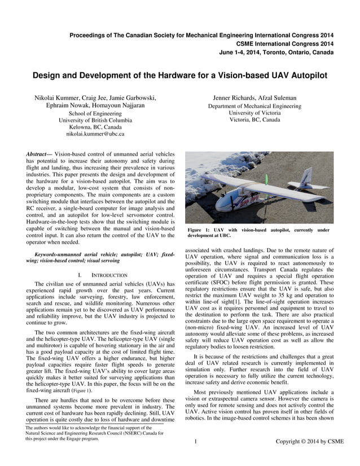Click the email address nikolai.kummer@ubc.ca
(x=95, y=134)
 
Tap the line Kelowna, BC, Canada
(x=95, y=128)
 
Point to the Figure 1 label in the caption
(x=199, y=230)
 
